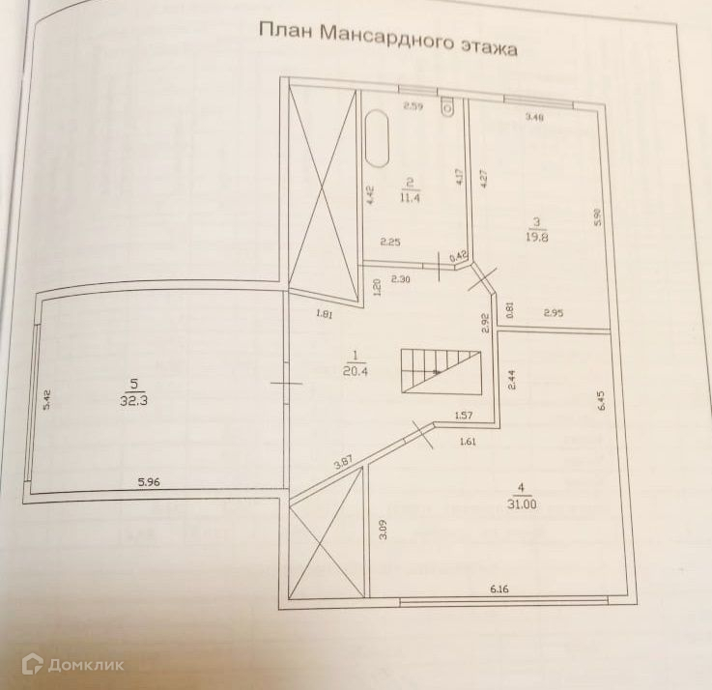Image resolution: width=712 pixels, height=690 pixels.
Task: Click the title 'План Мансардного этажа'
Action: pos(387,39)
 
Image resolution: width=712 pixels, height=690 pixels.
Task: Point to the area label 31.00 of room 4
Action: pos(524,503)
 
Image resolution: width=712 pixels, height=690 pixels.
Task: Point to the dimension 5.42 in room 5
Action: pos(44,399)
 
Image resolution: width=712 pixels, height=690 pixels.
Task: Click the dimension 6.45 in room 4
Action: pos(600,399)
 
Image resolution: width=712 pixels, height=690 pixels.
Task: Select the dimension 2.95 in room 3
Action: pos(555,312)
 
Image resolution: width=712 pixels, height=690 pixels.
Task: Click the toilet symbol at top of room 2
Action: pos(446,107)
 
